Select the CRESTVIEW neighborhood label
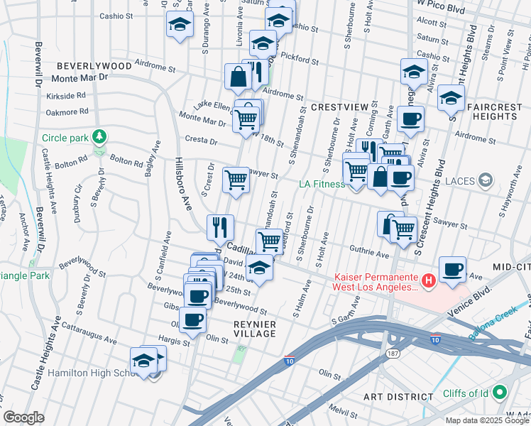coord(339,106)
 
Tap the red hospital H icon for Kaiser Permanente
coord(428,281)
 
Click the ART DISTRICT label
coord(398,396)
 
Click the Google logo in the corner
coord(24,417)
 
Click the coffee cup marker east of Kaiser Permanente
coord(452,270)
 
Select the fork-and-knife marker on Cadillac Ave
coord(220,227)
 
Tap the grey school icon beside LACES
coord(485,181)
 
